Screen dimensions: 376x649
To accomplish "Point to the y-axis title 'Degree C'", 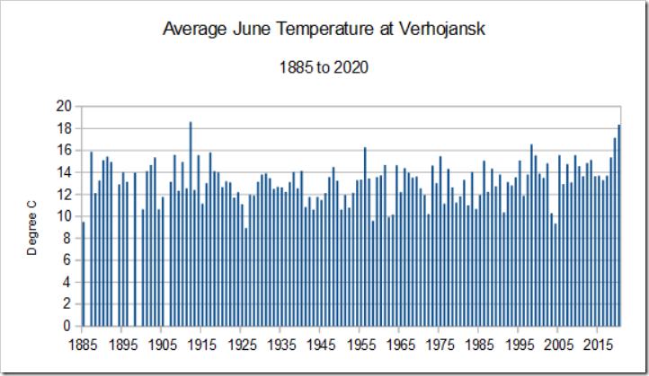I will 32,228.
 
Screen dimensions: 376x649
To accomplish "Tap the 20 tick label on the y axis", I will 63,106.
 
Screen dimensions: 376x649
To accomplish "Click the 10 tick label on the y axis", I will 63,216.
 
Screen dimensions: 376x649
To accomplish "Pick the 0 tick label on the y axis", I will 67,327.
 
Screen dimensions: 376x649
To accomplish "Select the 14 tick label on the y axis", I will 63,172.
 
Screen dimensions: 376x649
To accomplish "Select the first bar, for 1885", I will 84,275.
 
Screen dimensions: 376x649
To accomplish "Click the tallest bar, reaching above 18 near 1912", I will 191,224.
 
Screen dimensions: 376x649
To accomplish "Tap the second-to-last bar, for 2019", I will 615,232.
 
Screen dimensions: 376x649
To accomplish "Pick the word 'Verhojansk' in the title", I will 439,29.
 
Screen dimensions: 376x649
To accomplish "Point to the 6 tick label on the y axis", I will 67,260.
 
